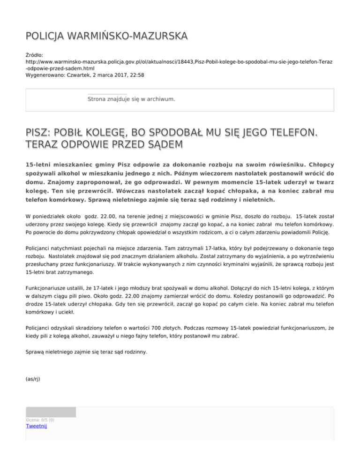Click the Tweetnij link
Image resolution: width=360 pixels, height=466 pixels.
point(37,426)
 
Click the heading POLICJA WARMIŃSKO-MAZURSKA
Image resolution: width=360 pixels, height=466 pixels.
point(106,36)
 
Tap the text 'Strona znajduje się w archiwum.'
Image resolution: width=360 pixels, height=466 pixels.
point(131,99)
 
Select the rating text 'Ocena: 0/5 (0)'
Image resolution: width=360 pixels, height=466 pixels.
point(40,420)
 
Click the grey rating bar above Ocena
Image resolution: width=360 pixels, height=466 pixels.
point(51,412)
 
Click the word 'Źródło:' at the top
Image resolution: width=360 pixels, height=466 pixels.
point(35,55)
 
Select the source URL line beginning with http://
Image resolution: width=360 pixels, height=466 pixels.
point(178,61)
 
